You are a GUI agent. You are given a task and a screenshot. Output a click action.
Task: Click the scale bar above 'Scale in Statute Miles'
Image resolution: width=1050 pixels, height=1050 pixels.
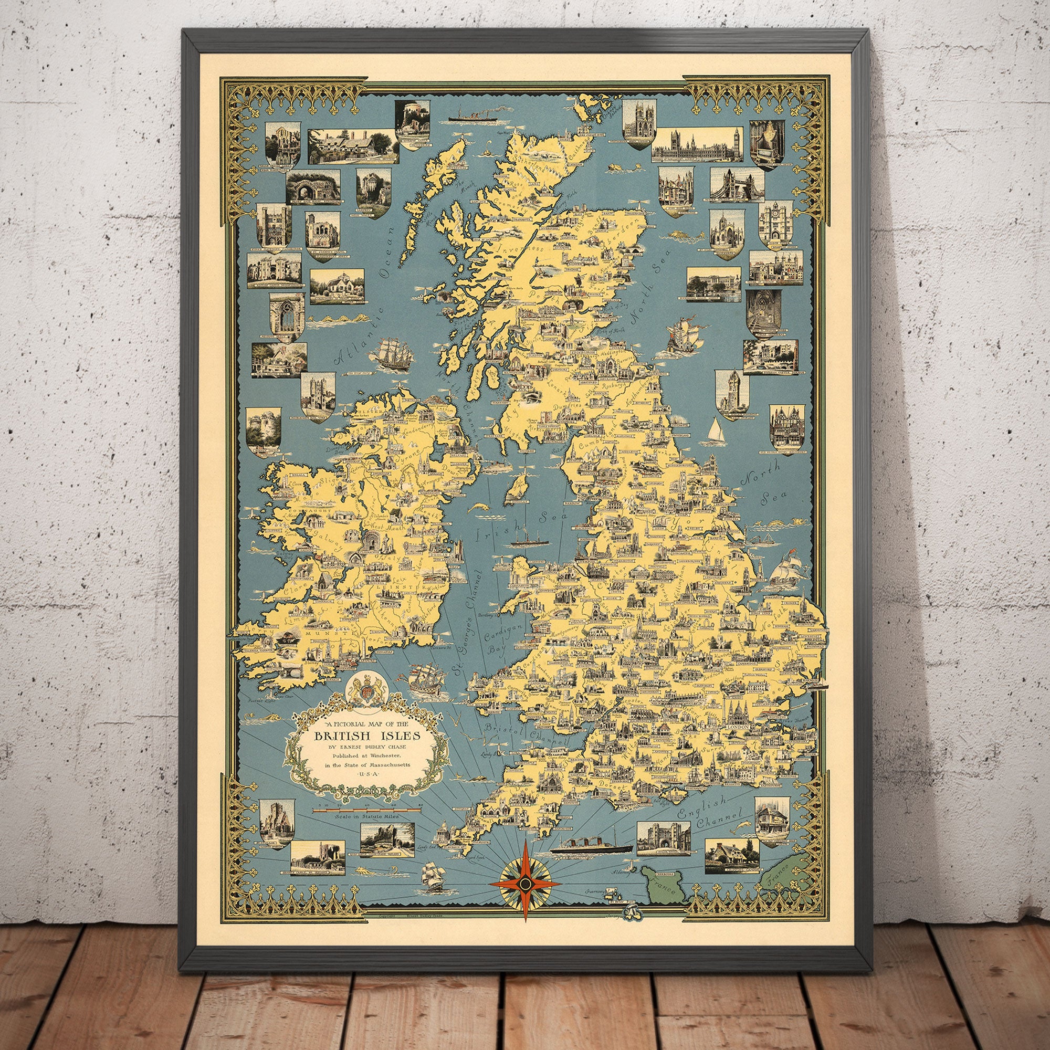coord(367,809)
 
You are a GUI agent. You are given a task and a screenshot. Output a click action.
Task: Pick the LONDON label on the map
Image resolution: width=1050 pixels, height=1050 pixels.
coord(738,727)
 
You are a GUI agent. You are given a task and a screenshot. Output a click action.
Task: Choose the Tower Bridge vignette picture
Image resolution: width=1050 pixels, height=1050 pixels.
coord(732,185)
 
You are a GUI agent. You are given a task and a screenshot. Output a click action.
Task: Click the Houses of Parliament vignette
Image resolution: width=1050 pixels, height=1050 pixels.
coord(697,145)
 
